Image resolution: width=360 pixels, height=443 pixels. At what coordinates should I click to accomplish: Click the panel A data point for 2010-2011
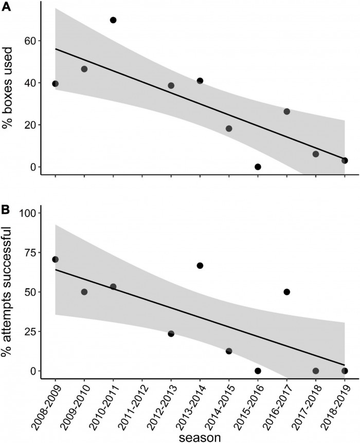[113, 20]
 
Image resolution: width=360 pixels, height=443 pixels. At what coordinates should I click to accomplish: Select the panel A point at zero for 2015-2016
[258, 167]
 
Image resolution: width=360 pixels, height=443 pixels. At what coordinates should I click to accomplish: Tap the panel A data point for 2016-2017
[286, 112]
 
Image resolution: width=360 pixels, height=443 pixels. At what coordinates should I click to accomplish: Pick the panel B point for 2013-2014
[200, 266]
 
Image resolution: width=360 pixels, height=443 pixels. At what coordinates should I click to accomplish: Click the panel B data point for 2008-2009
[56, 260]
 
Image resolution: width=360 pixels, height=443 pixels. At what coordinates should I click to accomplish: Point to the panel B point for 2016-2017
[286, 292]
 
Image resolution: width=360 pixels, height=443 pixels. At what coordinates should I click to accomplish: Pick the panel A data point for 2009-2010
[84, 69]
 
